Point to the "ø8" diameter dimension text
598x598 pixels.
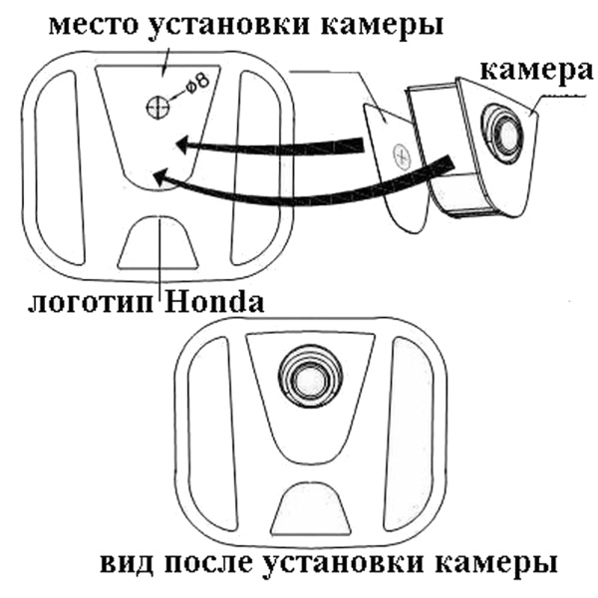click(193, 86)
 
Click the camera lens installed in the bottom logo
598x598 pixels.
click(308, 377)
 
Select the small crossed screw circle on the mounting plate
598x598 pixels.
click(402, 155)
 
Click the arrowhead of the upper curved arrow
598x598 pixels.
click(182, 146)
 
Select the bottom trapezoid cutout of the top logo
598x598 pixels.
click(159, 245)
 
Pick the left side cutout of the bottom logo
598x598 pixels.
click(214, 429)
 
